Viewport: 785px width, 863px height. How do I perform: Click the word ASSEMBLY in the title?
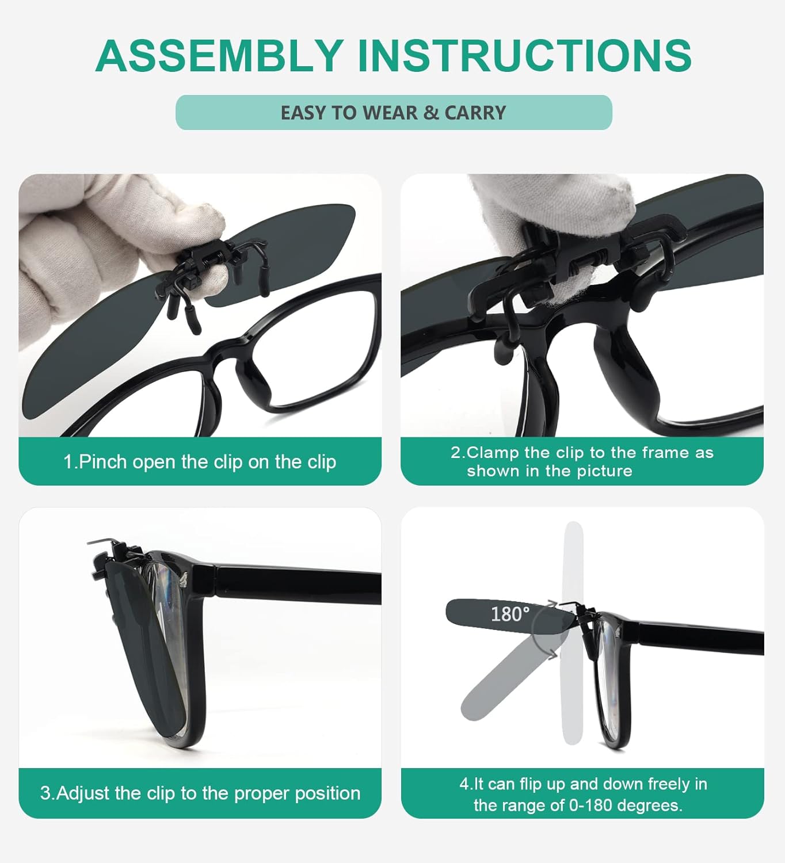coord(219,56)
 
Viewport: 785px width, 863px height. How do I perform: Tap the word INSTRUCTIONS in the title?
coord(524,56)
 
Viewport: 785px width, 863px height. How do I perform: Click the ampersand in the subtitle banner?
coord(430,113)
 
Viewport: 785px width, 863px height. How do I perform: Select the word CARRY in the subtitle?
coord(475,113)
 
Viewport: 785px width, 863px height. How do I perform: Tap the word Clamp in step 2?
coord(493,453)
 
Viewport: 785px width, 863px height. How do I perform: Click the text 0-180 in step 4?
coord(590,805)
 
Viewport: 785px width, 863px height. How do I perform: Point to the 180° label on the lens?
coord(510,614)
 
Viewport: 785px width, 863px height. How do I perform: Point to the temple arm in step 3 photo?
coord(299,584)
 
